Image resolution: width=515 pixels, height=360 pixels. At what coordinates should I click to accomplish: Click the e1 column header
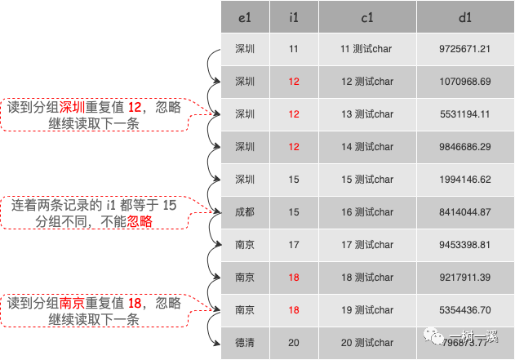click(244, 16)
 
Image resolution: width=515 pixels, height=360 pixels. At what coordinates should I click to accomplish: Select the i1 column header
click(294, 16)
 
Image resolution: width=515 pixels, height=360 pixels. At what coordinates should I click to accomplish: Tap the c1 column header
click(366, 16)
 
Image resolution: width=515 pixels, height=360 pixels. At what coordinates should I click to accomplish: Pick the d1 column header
click(464, 16)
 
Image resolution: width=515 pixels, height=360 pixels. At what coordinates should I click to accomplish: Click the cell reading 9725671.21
click(464, 49)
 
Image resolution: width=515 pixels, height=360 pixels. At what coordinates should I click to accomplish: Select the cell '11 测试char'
click(366, 49)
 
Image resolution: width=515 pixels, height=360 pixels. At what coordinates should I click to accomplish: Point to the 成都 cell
click(244, 212)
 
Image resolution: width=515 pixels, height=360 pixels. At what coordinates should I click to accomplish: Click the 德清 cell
click(244, 343)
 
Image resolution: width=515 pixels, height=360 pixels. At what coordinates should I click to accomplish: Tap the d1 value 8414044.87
click(464, 212)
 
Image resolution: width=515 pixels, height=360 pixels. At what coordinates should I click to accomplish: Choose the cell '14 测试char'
click(366, 147)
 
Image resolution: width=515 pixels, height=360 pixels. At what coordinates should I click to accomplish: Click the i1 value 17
click(294, 245)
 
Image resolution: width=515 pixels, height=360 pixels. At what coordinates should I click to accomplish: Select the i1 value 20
click(294, 343)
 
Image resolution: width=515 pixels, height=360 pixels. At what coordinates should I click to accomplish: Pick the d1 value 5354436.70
click(464, 310)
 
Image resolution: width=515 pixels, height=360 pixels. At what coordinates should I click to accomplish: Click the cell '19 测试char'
click(366, 310)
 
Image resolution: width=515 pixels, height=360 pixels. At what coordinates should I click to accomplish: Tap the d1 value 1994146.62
click(464, 180)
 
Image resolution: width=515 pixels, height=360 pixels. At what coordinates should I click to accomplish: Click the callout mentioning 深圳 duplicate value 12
click(94, 114)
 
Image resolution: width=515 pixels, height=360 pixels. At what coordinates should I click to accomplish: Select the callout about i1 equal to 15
click(94, 212)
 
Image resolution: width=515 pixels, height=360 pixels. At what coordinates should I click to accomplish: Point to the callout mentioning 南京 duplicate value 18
click(94, 311)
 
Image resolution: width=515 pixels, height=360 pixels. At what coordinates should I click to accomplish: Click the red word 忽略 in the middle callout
click(140, 220)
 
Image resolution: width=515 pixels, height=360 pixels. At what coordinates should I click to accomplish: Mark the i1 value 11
click(294, 49)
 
